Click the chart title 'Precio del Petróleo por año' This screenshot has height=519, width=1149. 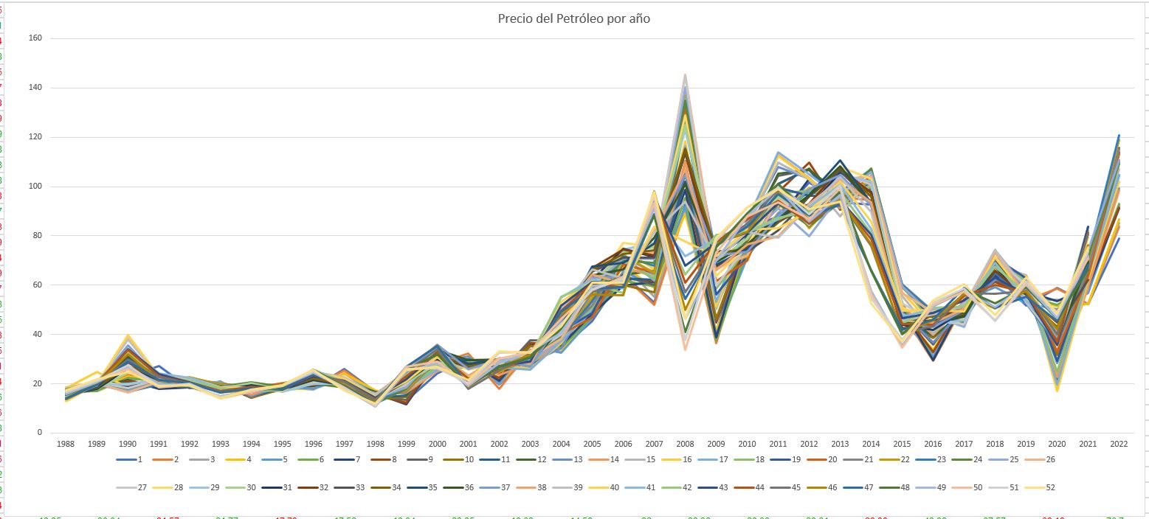click(573, 18)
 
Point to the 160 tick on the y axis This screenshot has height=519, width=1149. click(35, 38)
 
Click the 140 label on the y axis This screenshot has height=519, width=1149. click(35, 87)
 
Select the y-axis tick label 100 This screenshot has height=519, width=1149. click(35, 186)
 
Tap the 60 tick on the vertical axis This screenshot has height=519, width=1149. click(37, 285)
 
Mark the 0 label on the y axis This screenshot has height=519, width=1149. click(39, 433)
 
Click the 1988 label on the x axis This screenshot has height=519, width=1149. click(66, 445)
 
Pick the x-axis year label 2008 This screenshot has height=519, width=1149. click(684, 445)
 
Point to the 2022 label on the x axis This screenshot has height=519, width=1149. click(1118, 445)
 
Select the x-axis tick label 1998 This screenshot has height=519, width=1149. click(375, 445)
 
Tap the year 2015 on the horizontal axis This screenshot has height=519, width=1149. click(901, 445)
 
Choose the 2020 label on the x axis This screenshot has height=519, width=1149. click(1056, 445)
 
